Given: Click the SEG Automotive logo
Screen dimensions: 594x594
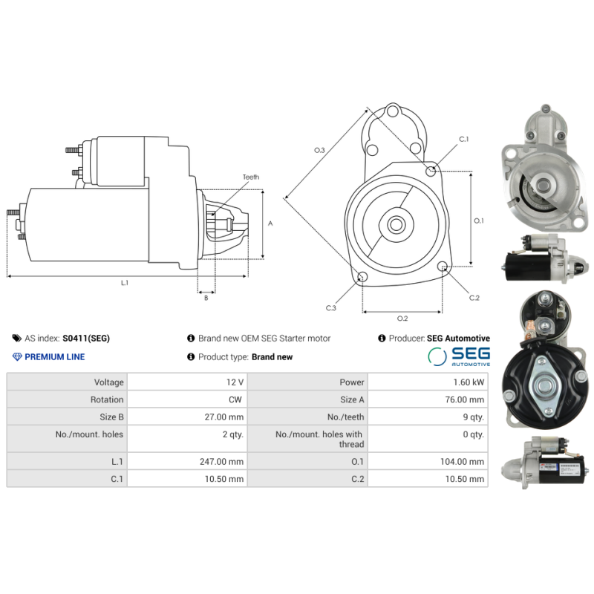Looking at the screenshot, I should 459,356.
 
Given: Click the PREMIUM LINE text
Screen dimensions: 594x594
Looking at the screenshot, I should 54,357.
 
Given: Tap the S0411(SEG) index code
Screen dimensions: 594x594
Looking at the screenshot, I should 86,339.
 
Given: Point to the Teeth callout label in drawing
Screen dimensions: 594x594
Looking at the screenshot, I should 250,177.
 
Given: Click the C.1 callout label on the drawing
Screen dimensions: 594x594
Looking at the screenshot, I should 464,140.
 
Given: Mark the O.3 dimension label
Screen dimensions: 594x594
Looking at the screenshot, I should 319,151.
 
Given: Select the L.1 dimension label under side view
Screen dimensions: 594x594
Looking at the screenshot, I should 124,283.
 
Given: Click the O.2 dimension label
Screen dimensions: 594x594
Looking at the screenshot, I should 402,319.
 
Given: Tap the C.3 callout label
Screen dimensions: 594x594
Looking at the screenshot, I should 331,307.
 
